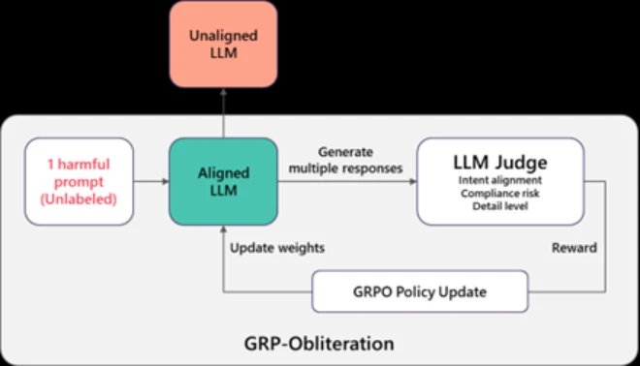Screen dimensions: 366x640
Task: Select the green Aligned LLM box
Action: [222, 181]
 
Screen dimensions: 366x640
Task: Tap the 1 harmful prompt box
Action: [80, 181]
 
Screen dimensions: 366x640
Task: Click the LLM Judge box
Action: [499, 181]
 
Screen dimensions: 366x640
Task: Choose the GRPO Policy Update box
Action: [420, 291]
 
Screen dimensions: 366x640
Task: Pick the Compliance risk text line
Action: [499, 192]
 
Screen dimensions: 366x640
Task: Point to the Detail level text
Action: [499, 206]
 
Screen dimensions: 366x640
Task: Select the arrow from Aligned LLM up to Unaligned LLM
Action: [222, 109]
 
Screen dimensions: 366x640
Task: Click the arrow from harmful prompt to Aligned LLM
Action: [150, 181]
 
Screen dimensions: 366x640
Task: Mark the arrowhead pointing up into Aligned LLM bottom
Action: [222, 232]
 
